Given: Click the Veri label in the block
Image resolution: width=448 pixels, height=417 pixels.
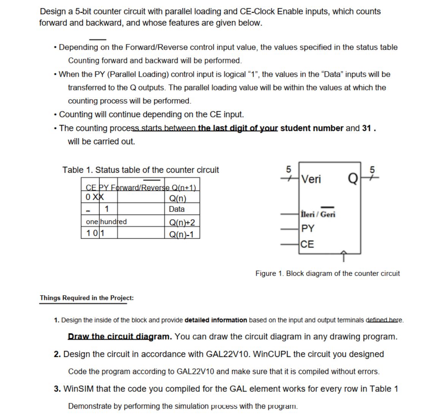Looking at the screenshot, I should pos(311,179).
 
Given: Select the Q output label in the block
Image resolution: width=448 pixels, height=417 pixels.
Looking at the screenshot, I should pos(352,179).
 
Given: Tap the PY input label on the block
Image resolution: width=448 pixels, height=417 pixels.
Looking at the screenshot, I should pos(307,229).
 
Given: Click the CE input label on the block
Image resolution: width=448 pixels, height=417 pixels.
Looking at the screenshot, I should pos(307,244).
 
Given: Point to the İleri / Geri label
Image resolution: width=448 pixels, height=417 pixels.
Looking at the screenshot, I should pos(318,214).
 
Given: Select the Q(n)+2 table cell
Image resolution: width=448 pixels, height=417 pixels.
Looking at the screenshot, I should pos(182,222).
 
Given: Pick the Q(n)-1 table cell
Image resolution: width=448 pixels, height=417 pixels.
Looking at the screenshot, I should pos(181,234).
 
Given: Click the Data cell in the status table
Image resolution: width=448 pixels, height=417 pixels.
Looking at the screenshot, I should pos(177,209).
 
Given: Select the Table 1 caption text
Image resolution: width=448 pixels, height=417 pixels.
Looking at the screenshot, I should pos(141,170).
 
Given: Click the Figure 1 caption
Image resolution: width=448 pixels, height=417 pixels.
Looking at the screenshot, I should pos(328,273).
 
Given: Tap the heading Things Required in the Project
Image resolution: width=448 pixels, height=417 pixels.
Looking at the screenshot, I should pos(87,298).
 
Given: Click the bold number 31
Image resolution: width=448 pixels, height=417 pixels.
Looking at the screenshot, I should pos(366,128).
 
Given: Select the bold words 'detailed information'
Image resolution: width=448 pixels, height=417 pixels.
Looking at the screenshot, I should pos(215,320).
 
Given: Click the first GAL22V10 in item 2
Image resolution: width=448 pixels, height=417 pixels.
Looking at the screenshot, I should pos(228,354).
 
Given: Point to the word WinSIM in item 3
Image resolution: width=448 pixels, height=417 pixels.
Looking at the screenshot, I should pos(79,389).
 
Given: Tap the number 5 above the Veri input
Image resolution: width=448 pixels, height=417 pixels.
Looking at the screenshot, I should pos(288,169).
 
